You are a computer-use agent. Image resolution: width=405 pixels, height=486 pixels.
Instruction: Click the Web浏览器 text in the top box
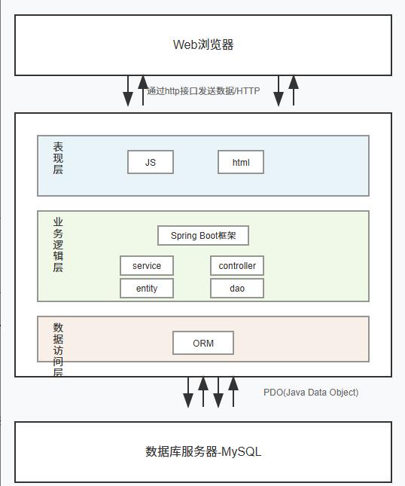click(x=203, y=44)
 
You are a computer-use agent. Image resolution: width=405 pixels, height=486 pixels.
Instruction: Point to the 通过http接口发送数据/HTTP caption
click(x=203, y=91)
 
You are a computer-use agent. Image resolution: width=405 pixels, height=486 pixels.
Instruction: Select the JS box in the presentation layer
click(x=151, y=162)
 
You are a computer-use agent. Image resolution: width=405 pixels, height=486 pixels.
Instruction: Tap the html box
click(x=241, y=162)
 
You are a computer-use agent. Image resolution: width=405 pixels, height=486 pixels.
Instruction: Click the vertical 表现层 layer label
click(x=58, y=158)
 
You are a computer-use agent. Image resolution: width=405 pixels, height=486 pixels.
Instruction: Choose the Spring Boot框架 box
click(x=203, y=236)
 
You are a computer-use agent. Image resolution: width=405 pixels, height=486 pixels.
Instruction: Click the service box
click(x=147, y=266)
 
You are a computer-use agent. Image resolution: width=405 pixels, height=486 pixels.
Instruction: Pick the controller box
click(x=237, y=266)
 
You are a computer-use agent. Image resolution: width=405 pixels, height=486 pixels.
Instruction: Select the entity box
click(x=147, y=289)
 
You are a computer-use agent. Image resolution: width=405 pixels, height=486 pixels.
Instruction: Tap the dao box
click(x=237, y=289)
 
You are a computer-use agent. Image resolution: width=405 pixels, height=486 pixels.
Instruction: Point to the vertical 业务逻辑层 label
click(x=58, y=245)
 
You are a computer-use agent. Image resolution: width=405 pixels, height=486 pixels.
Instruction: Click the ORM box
click(x=203, y=343)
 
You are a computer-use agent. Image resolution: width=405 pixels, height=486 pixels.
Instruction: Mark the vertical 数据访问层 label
click(x=58, y=350)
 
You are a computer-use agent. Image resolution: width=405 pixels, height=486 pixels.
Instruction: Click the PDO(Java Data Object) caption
click(x=311, y=393)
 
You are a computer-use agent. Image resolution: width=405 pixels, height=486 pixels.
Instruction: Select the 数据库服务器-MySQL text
click(x=203, y=452)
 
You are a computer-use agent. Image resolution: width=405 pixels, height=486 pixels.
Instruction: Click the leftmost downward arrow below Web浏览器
click(x=128, y=91)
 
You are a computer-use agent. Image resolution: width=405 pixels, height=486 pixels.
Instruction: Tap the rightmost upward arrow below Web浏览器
click(x=294, y=90)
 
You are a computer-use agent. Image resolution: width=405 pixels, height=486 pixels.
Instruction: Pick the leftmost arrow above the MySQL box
click(x=188, y=393)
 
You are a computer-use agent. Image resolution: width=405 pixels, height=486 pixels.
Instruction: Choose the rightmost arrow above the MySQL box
click(x=233, y=392)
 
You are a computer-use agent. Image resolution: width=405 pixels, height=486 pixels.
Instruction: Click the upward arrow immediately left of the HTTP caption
click(x=143, y=90)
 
